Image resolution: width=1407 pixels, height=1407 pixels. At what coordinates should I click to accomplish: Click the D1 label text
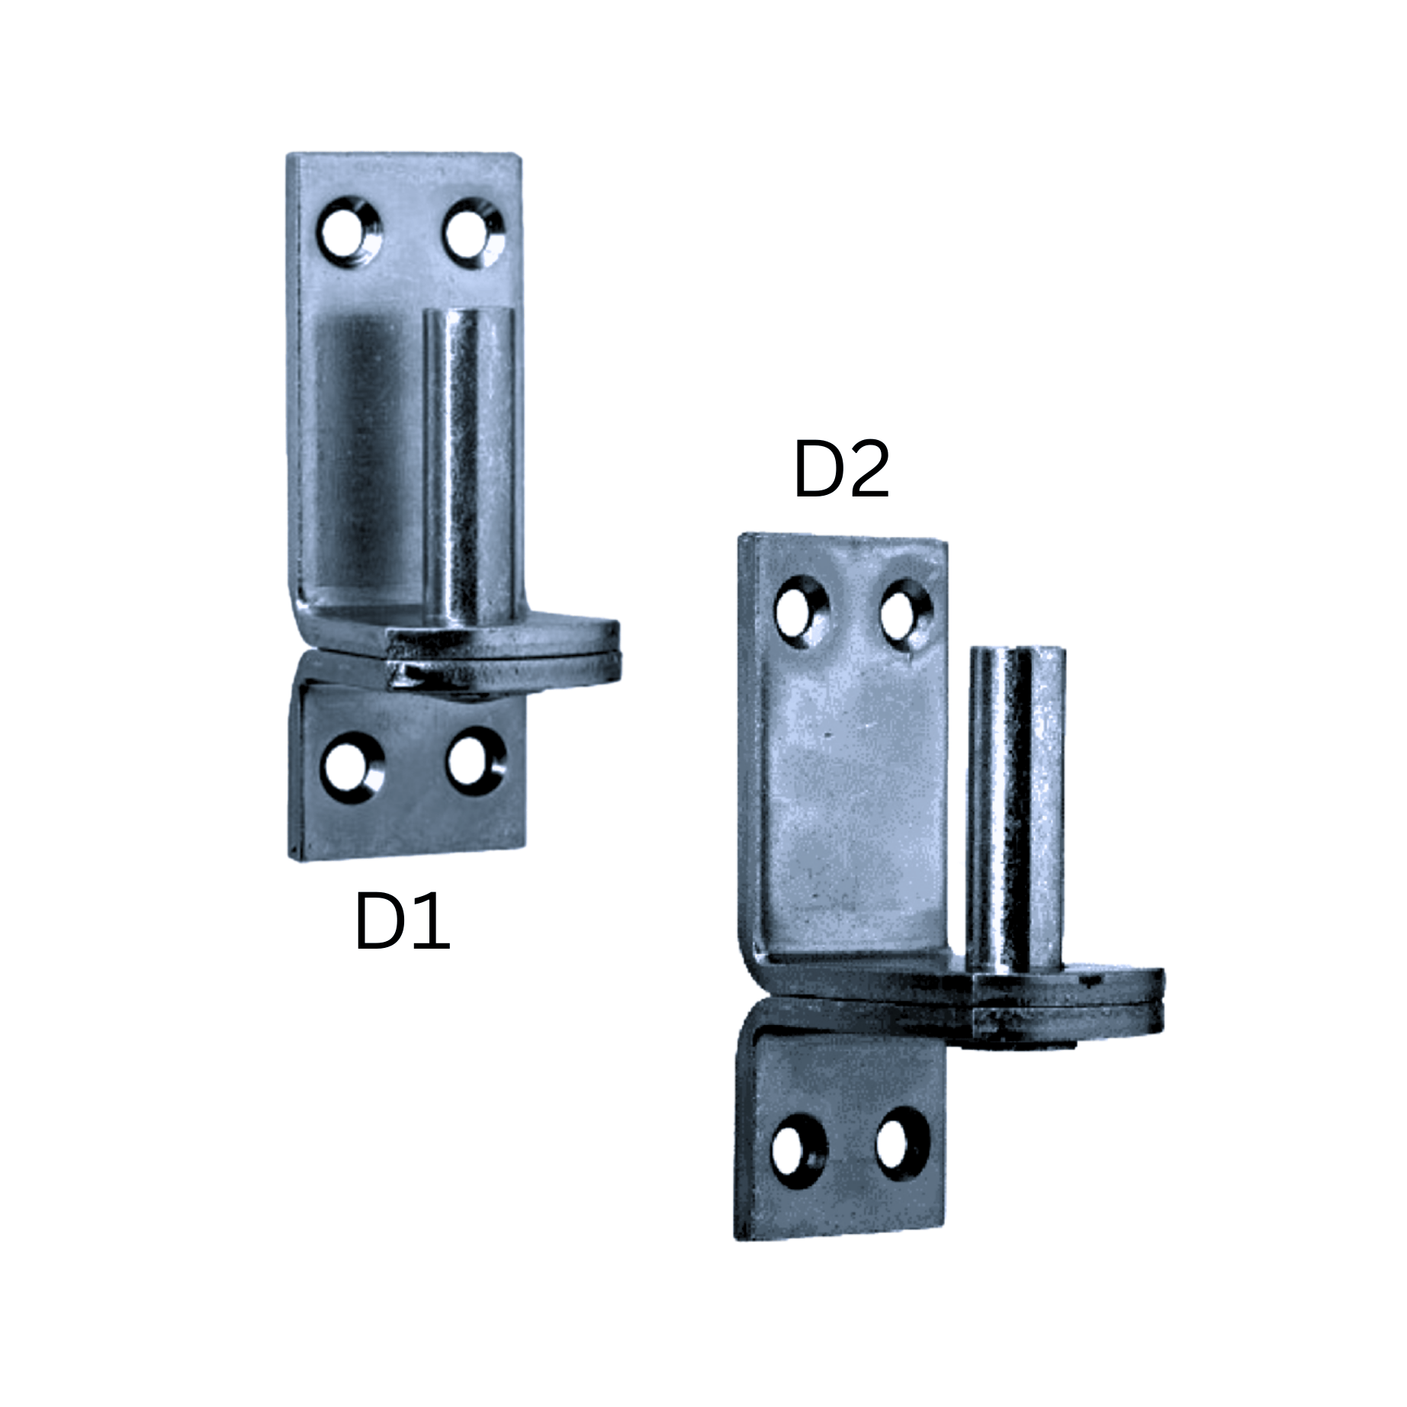click(402, 921)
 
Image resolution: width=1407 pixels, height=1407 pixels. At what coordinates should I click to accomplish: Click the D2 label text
click(841, 470)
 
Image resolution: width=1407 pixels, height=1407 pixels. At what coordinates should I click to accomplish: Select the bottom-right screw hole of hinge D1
click(475, 762)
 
